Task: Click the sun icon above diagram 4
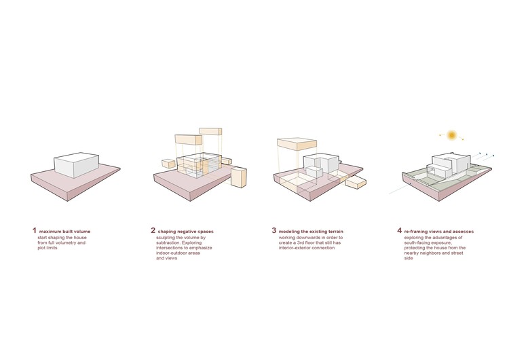click(451, 135)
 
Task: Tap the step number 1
click(35, 231)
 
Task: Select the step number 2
click(153, 231)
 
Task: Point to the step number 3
click(274, 231)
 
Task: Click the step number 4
click(399, 231)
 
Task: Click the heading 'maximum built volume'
click(65, 232)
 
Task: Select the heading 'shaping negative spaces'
click(186, 232)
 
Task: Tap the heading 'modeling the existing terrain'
click(311, 232)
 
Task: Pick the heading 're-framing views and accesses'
click(439, 232)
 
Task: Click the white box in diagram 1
click(77, 165)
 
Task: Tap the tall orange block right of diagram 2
click(239, 177)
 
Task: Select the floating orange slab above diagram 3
click(297, 144)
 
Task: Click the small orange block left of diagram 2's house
click(168, 164)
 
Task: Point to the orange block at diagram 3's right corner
click(356, 182)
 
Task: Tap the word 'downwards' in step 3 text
click(307, 238)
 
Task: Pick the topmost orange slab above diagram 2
click(210, 131)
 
